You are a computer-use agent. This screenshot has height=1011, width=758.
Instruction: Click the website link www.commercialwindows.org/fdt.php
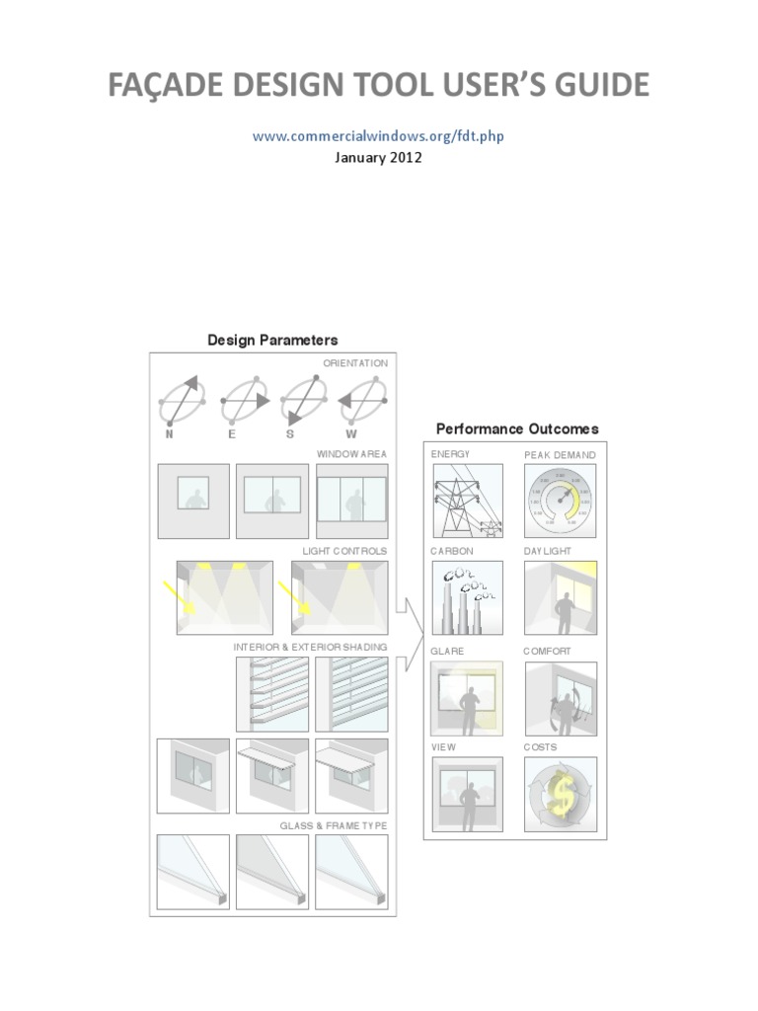pos(378,136)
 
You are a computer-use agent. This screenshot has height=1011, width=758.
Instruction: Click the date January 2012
pos(378,158)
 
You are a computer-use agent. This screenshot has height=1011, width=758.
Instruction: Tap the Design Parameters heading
pos(272,341)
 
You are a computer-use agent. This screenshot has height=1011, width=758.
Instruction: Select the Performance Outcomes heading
pos(517,429)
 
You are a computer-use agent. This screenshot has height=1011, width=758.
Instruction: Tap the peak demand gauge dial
pos(560,500)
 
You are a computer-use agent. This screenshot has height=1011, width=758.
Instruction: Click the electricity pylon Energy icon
pos(467,500)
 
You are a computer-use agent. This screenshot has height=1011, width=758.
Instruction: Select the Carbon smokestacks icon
pos(467,597)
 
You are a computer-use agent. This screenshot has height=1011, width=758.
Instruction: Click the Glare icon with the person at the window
pos(467,698)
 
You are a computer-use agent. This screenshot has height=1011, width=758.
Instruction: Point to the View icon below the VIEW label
pos(467,795)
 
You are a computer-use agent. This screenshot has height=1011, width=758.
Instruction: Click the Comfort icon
pos(560,698)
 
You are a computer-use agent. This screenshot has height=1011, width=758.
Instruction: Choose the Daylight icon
pos(560,597)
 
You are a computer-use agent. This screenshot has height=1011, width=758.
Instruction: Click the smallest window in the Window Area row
pos(193,492)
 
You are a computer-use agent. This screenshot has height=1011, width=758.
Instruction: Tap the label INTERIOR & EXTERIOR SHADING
pos(310,647)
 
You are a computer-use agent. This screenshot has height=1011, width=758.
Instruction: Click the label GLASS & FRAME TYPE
pos(334,825)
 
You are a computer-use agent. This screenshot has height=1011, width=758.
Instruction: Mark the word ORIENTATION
pos(355,363)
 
